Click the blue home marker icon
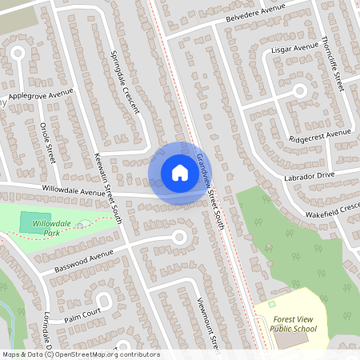click(179, 172)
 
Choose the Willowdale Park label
click(62, 228)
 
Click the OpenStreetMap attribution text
click(80, 354)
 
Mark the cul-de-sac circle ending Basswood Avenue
click(178, 237)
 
